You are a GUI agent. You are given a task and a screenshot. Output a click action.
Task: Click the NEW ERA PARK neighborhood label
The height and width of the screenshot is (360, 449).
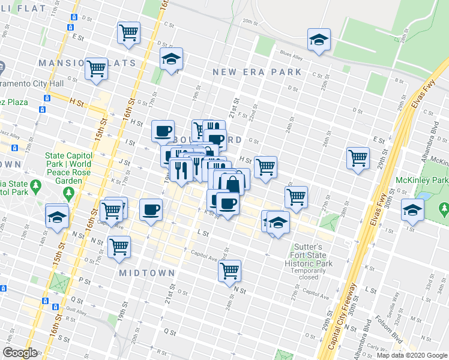click(257, 72)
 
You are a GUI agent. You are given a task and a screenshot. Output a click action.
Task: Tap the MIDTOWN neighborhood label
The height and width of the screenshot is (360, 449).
click(147, 273)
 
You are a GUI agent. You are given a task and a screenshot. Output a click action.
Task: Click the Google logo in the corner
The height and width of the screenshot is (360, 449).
click(20, 353)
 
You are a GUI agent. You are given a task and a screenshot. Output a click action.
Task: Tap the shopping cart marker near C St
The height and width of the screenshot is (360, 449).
click(128, 32)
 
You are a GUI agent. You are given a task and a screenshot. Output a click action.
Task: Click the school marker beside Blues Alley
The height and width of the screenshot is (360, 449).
click(318, 40)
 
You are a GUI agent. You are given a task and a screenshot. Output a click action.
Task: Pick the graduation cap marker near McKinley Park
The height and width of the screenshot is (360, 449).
click(412, 209)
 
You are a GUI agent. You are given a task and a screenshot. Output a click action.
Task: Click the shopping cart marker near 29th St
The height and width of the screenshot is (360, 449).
click(358, 158)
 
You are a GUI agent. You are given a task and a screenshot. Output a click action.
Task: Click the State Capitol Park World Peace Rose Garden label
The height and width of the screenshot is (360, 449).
click(68, 167)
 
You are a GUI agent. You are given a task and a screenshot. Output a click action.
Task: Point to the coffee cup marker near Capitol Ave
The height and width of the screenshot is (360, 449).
click(151, 209)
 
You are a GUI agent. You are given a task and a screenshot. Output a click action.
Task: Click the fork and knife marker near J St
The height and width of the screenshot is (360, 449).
click(181, 170)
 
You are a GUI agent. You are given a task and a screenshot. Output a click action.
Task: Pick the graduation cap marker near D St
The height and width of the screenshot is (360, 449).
click(171, 58)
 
